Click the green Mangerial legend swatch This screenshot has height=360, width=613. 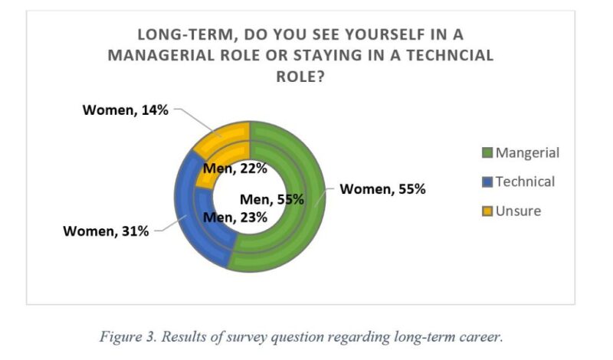(486, 153)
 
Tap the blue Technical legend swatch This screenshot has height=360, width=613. (486, 182)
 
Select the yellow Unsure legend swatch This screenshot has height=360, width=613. (486, 211)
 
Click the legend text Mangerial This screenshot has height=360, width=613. (527, 153)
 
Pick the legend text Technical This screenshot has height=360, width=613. (525, 182)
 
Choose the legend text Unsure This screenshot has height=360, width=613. (518, 211)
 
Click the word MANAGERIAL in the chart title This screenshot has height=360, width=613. (179, 56)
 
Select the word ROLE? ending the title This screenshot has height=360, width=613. (306, 77)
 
